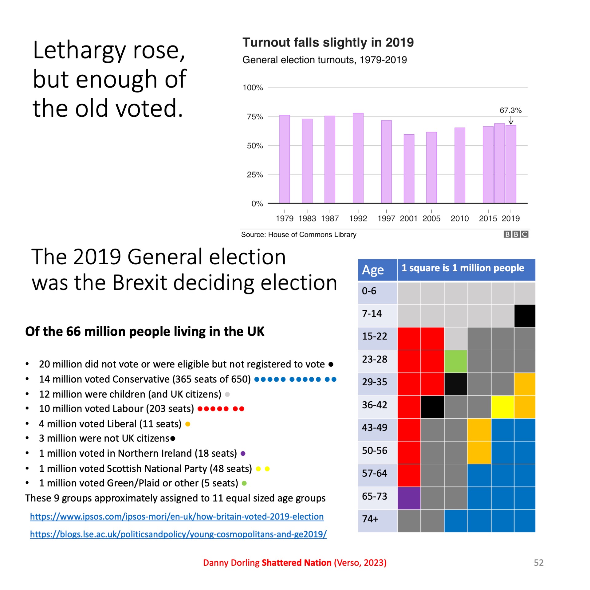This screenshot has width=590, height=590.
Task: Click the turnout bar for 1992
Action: [358, 158]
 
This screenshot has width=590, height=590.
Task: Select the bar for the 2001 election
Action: [409, 169]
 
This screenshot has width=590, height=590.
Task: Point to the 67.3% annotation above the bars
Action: [510, 110]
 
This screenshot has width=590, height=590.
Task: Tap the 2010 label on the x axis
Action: [459, 218]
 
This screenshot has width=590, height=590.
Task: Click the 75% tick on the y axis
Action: [255, 117]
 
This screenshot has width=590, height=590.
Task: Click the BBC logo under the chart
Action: [516, 234]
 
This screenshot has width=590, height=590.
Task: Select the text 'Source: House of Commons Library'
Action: [298, 234]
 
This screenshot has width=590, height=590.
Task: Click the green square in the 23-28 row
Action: [455, 361]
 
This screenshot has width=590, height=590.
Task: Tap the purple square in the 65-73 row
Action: [409, 498]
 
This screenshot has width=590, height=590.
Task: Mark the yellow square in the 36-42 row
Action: [502, 407]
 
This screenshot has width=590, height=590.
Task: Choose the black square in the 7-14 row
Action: [525, 316]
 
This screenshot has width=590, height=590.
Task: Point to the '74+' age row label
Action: [370, 519]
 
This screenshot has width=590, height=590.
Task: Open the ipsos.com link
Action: [177, 517]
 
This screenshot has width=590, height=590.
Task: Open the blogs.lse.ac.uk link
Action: [178, 534]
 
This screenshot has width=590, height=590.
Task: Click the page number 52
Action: [538, 562]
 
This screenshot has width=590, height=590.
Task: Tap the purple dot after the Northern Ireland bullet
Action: [243, 453]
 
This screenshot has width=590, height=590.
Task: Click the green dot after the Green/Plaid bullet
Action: [244, 483]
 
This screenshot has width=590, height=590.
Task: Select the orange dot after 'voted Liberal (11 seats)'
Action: [188, 424]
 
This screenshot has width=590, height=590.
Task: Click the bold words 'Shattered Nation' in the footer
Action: [296, 562]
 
